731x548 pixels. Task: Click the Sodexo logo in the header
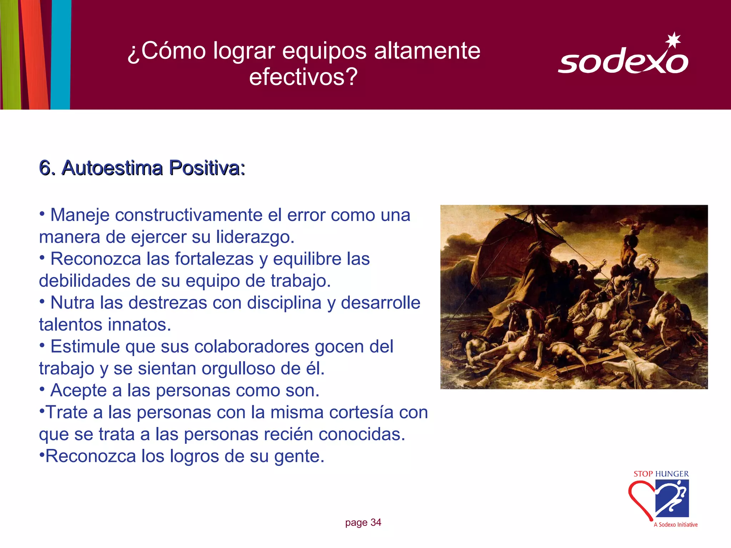tap(623, 61)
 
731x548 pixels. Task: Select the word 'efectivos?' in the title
tap(303, 77)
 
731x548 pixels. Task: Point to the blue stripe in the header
tap(61, 54)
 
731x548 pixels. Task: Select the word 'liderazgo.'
tap(255, 237)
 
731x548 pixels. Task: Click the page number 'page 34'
tap(363, 523)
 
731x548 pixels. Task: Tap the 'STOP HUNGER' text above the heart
tap(661, 474)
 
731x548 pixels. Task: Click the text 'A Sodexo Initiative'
tap(675, 524)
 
